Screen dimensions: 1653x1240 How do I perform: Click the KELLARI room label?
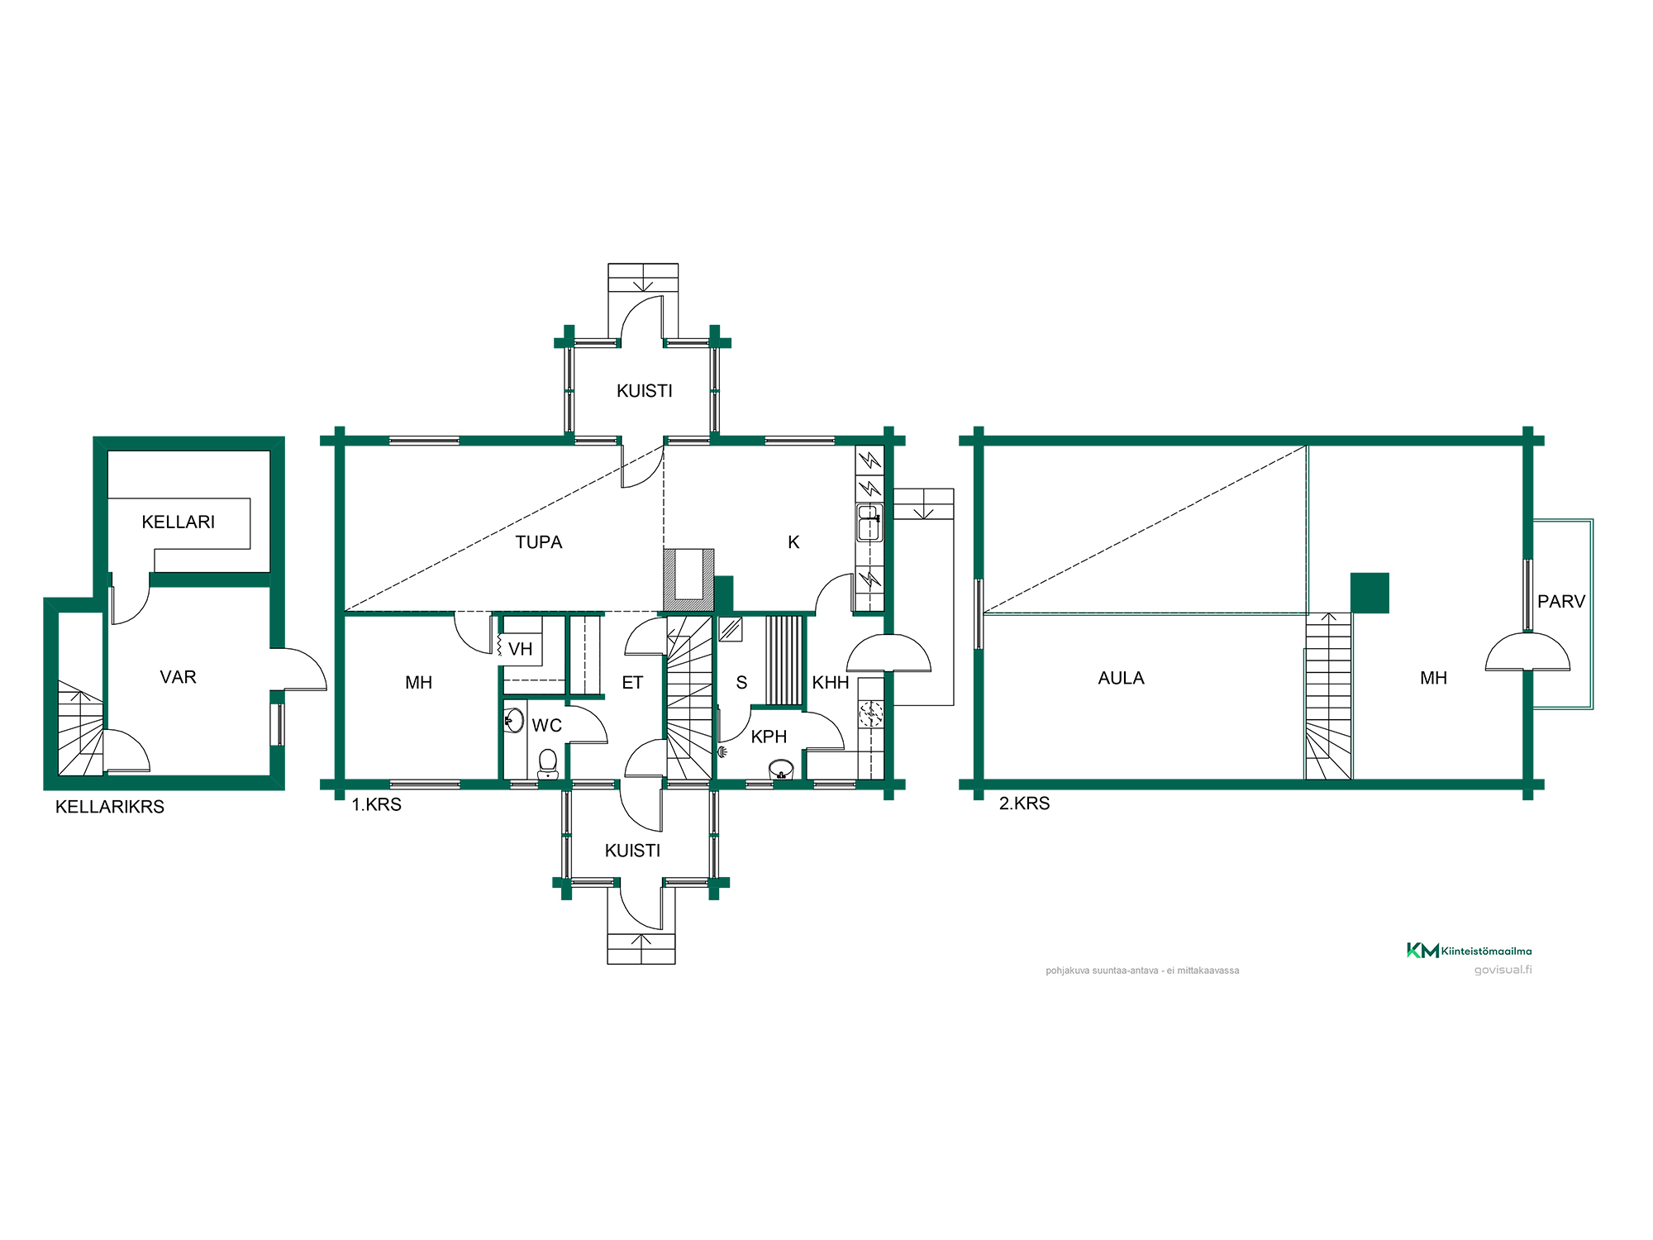tap(178, 522)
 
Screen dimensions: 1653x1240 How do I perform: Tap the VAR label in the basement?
tap(178, 677)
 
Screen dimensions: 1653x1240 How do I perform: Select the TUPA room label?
tap(539, 542)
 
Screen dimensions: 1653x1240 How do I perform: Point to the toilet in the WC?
tap(547, 764)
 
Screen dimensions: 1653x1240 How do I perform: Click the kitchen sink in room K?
tap(869, 522)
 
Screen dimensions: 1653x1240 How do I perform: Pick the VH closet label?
tap(521, 649)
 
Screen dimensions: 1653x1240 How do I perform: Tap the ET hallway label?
tap(632, 683)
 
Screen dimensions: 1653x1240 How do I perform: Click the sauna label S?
tap(741, 683)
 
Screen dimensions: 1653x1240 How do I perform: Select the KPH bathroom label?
tap(769, 737)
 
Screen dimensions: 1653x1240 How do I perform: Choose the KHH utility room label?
tap(831, 683)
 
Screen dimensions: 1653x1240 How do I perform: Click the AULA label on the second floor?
tap(1121, 678)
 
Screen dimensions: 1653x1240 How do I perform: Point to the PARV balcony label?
tap(1561, 602)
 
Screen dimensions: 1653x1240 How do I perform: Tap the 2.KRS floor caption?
tap(1024, 804)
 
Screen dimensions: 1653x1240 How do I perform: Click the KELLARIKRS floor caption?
tap(110, 807)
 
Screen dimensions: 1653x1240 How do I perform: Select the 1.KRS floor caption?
tap(376, 804)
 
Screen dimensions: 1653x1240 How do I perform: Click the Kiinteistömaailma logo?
tap(1469, 951)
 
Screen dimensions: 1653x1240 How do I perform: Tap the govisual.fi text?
tap(1503, 970)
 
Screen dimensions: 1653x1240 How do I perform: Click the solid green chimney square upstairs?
tap(1370, 593)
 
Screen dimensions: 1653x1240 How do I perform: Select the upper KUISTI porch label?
tap(645, 391)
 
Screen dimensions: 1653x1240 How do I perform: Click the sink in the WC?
tap(514, 720)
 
